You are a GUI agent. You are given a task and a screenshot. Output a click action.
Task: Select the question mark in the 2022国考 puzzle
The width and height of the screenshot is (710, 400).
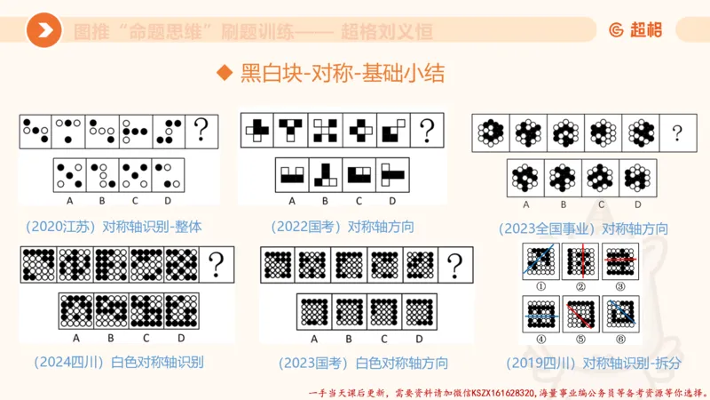click(x=430, y=131)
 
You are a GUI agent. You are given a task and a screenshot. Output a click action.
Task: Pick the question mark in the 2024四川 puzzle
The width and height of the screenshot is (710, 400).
click(x=216, y=265)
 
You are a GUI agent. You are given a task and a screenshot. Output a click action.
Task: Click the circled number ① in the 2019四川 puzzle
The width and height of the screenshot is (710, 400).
click(x=540, y=286)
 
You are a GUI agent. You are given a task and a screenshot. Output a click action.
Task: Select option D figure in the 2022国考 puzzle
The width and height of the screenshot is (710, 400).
click(x=392, y=174)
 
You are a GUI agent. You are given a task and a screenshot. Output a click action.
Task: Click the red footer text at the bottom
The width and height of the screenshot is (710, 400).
click(x=507, y=391)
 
